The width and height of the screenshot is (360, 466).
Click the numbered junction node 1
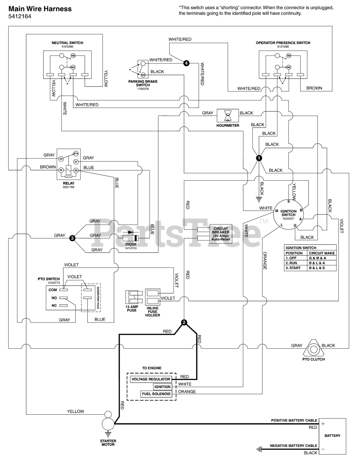tap(259, 158)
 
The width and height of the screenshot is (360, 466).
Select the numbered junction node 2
tap(184, 322)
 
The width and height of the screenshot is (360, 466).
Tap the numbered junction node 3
tap(72, 238)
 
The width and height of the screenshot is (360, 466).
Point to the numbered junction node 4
tap(186, 63)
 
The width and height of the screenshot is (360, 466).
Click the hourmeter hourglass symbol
tap(228, 115)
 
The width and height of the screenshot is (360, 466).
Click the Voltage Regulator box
tap(151, 379)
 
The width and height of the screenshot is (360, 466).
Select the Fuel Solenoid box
tap(156, 394)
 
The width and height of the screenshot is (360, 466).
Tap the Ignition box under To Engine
tap(162, 387)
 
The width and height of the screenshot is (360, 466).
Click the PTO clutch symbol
tap(313, 348)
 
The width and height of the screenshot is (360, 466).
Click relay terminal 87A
tap(76, 154)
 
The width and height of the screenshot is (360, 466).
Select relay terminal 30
tap(62, 159)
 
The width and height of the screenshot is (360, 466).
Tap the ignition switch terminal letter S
tap(288, 201)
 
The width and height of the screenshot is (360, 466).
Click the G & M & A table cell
tap(322, 258)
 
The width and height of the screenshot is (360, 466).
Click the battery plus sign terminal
tap(323, 424)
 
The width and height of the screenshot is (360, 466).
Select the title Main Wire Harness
tap(40, 9)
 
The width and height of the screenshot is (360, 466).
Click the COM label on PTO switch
tap(53, 290)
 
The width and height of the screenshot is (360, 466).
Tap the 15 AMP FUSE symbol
tap(132, 297)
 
